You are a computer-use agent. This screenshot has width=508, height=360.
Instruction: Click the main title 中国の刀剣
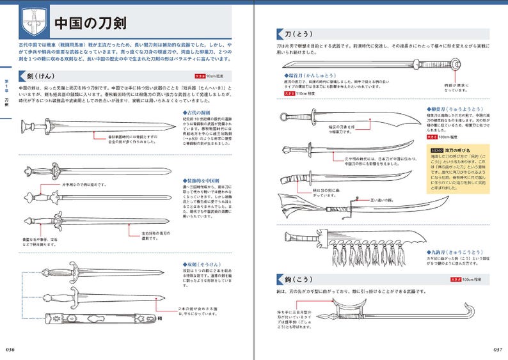[x=89, y=24]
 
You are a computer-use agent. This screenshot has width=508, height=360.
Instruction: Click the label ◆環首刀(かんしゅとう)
[x=312, y=75]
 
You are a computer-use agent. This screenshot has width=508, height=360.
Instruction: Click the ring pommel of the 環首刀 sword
[x=455, y=64]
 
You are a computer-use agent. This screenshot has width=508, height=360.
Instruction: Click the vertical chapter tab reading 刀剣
[x=6, y=102]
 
